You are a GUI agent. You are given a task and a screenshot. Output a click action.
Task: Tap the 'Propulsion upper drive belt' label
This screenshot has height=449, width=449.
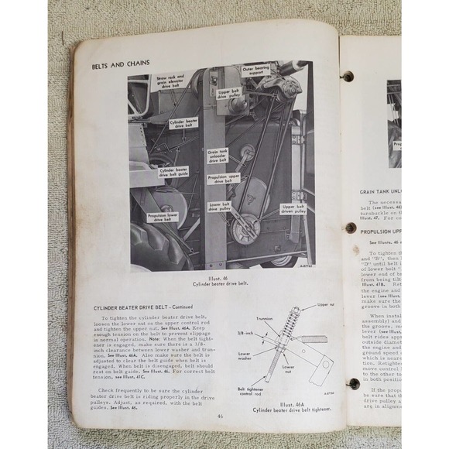[x=223, y=180]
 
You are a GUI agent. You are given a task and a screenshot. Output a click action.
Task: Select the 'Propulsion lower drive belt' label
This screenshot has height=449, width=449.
[x=163, y=215]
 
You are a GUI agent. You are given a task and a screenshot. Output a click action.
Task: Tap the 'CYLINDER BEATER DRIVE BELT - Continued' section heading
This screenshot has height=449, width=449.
[x=149, y=306]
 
